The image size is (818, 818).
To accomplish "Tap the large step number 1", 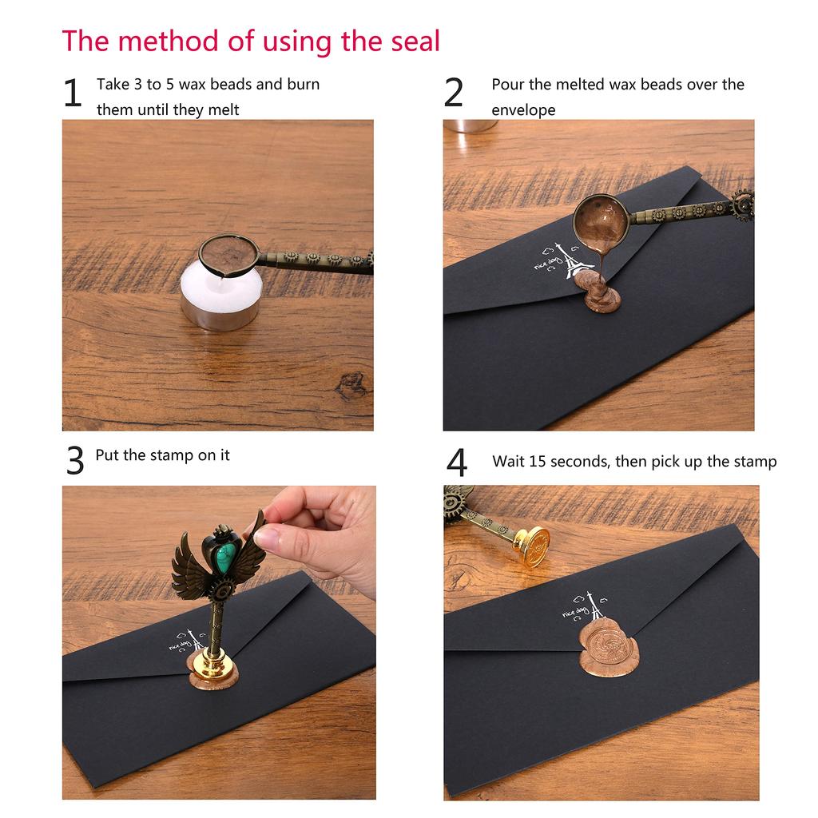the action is point(73,93).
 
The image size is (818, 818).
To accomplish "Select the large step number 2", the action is point(453,93).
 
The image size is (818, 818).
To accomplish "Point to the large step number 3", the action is point(74,460).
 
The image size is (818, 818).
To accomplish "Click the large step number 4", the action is point(456,463).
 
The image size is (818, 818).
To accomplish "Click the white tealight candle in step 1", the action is point(221,296).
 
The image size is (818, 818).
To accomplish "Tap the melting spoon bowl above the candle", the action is point(228,255).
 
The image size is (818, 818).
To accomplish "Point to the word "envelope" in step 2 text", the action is point(523,110).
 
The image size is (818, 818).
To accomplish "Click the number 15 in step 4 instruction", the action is point(537,461).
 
